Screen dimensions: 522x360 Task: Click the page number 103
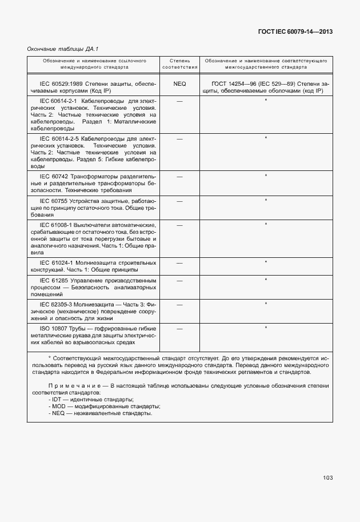(327, 477)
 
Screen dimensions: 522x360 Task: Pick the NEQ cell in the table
(179, 83)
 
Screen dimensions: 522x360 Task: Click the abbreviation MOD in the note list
(59, 406)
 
